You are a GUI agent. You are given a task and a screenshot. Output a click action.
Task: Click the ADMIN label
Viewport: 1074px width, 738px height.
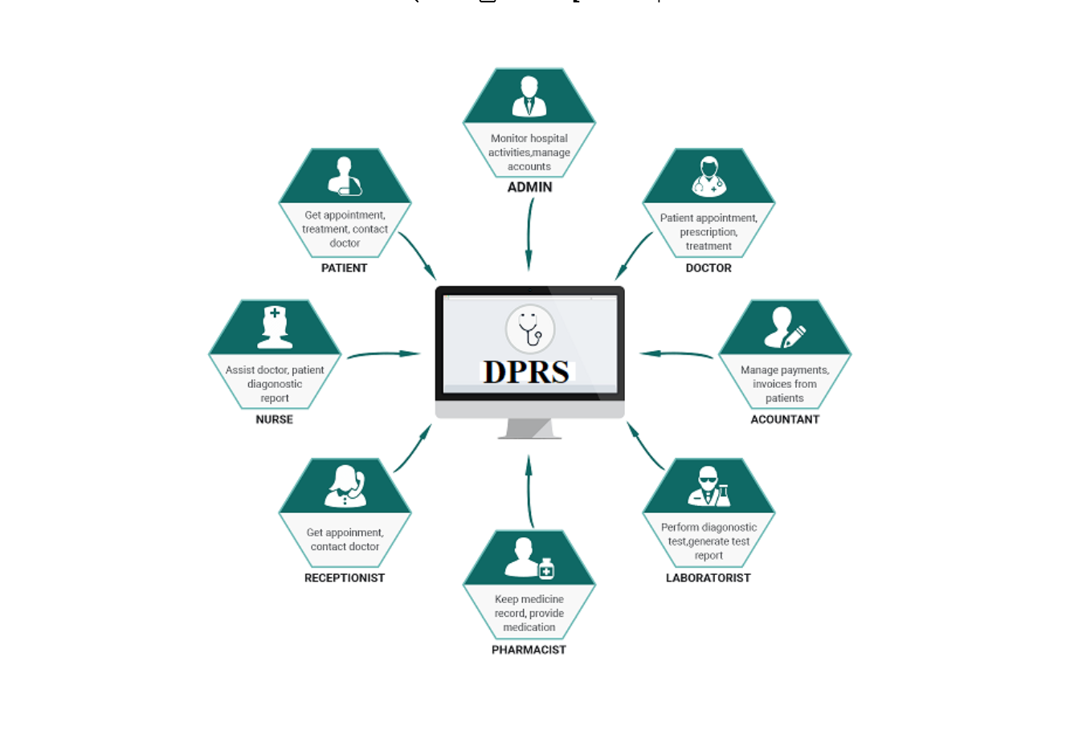(529, 187)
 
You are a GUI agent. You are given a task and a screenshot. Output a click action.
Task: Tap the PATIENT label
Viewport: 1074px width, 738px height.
(344, 268)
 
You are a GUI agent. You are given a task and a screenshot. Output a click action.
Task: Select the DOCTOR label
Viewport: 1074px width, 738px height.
(709, 268)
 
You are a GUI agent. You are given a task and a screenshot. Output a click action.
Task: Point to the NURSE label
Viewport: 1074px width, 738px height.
(274, 419)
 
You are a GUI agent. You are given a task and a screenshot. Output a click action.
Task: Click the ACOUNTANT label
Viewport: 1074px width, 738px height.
(785, 419)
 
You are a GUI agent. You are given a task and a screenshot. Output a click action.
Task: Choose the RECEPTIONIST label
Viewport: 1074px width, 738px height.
(345, 578)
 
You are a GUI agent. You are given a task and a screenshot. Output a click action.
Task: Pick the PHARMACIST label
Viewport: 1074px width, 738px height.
(529, 650)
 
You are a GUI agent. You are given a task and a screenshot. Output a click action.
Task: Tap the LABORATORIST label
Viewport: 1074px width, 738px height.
(708, 578)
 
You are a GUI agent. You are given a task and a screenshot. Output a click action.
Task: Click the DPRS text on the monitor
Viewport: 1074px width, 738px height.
(527, 372)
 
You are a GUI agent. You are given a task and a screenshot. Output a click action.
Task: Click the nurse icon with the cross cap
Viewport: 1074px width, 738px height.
(275, 328)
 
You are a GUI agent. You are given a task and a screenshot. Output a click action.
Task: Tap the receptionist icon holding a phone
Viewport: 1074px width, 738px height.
(345, 486)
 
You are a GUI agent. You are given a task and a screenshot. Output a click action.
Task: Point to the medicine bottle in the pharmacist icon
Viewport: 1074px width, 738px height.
(546, 569)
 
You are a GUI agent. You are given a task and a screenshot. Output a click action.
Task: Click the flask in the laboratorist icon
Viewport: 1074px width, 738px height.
(724, 495)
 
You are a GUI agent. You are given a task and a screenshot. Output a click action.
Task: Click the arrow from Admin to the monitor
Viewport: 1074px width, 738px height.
(529, 233)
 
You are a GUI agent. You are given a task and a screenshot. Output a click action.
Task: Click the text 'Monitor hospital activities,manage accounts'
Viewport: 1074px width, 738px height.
(529, 153)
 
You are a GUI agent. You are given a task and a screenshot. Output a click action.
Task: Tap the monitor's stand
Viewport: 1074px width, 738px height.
(529, 429)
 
